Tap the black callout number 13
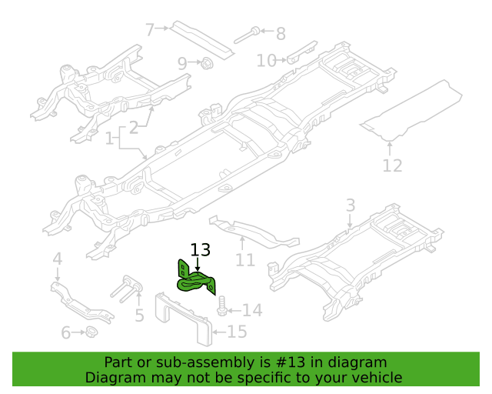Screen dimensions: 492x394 click(200, 250)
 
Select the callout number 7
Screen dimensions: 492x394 click(150, 30)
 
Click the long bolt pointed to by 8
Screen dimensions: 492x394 click(247, 35)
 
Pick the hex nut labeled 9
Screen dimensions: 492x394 click(207, 63)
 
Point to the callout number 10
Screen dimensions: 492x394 click(267, 60)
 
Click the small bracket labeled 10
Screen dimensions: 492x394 click(302, 52)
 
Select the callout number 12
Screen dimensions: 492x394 click(392, 165)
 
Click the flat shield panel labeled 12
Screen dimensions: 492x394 click(411, 111)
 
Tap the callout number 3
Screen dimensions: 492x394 click(351, 205)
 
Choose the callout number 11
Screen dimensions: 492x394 click(245, 260)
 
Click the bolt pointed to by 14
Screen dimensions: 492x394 click(222, 306)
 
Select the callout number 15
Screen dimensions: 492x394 click(238, 332)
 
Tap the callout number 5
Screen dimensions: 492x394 click(139, 316)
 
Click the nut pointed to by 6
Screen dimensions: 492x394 click(91, 332)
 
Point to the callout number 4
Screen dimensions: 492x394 click(58, 259)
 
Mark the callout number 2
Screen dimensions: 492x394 click(134, 128)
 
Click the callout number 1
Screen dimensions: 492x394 click(109, 139)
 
